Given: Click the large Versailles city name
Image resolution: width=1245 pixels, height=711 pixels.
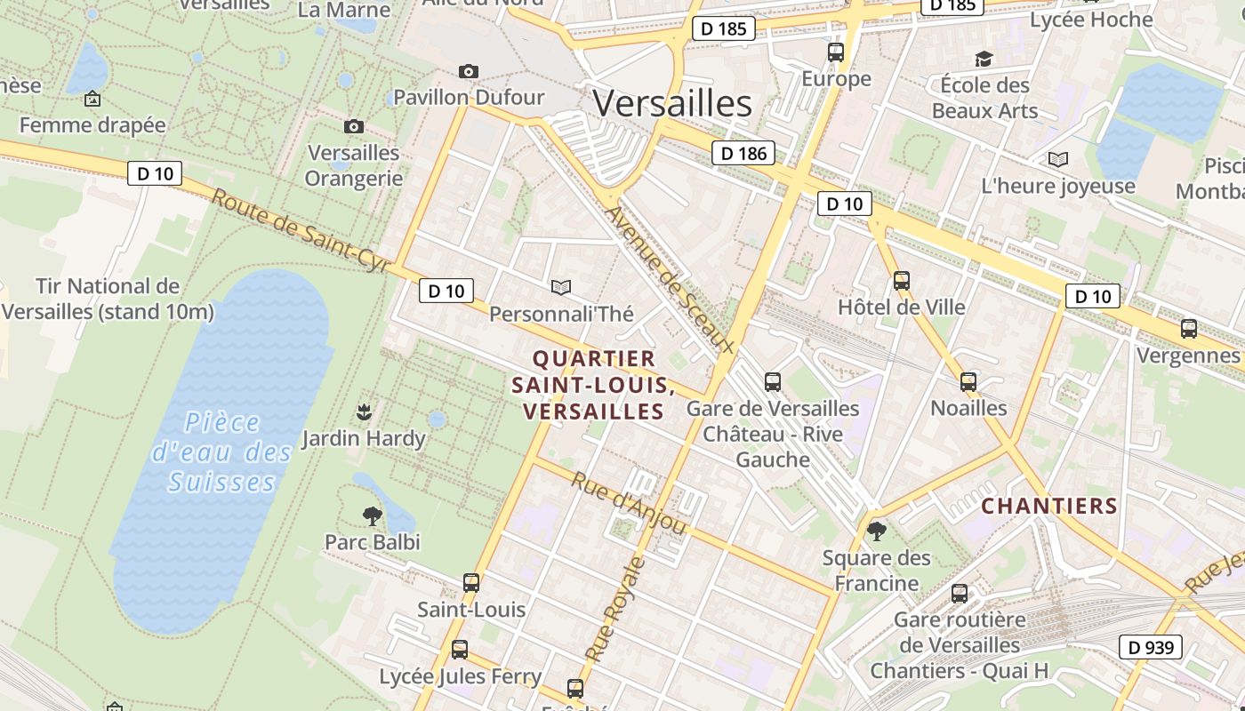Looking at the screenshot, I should coord(672,104).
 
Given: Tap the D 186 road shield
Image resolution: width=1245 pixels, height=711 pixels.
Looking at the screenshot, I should coord(743,153).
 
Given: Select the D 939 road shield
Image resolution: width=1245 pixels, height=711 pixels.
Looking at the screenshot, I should coord(1152,647).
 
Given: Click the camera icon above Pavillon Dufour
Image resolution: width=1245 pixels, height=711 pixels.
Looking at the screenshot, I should coord(468,71).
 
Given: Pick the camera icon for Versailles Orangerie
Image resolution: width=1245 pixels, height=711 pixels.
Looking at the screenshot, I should coord(353,127).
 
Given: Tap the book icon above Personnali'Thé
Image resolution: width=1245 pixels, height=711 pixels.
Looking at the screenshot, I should coord(560,287).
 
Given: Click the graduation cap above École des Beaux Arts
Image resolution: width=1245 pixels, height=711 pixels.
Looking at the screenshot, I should coord(983,59).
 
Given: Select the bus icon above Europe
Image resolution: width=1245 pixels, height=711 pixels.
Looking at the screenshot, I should coord(836,52).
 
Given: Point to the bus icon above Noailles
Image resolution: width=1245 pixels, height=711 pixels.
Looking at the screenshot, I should coord(968,382).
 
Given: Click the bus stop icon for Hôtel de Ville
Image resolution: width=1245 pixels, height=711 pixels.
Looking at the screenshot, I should coord(902,281).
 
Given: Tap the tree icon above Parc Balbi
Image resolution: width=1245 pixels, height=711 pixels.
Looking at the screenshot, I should coord(372,515).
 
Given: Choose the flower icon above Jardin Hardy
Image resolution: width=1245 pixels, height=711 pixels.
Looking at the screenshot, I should coord(363,411).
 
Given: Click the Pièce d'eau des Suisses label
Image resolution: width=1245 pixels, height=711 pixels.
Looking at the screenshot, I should coord(222,451).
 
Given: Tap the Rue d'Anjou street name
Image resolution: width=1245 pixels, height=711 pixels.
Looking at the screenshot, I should coord(629,502).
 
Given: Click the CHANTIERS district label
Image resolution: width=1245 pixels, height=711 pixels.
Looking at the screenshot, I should coord(1049,506).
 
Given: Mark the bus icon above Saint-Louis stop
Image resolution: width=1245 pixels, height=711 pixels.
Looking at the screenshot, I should coord(471,583).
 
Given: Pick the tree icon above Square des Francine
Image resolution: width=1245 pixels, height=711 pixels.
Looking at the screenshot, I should coord(876,531).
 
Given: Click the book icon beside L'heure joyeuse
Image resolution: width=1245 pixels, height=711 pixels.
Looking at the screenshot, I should coord(1058,160).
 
